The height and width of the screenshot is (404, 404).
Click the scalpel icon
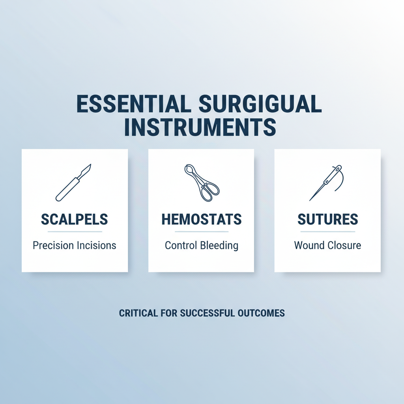74,182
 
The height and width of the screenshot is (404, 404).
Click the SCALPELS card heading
75,220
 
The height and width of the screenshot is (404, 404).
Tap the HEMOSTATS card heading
201,220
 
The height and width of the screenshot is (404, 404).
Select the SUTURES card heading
327,220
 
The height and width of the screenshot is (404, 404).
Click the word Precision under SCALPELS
53,245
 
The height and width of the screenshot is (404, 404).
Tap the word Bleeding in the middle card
219,245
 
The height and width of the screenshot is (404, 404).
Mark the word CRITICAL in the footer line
137,313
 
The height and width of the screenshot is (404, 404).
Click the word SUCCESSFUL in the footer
204,313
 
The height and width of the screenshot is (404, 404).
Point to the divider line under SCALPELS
75,232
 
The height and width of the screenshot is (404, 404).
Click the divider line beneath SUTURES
327,232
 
